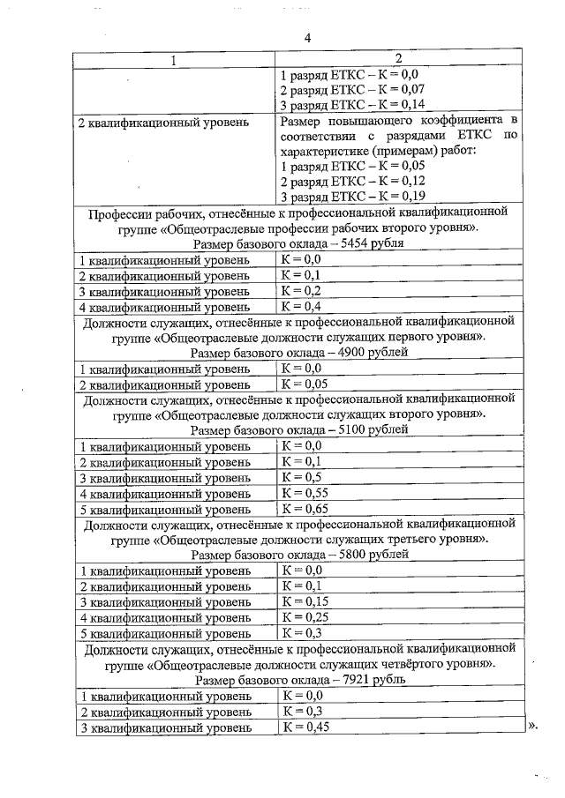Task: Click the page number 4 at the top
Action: (x=308, y=38)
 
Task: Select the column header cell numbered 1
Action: (x=174, y=60)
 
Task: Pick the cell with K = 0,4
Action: (x=300, y=307)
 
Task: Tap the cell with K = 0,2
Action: (x=300, y=291)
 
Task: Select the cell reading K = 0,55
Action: (x=304, y=493)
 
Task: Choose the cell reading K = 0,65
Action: (x=304, y=509)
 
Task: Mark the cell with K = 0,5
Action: (x=300, y=477)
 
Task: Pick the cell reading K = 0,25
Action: (x=304, y=617)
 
